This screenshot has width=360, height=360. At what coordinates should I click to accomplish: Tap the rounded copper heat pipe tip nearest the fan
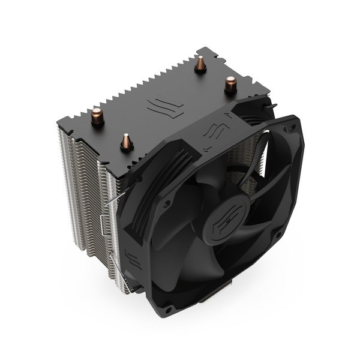click(229, 83)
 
